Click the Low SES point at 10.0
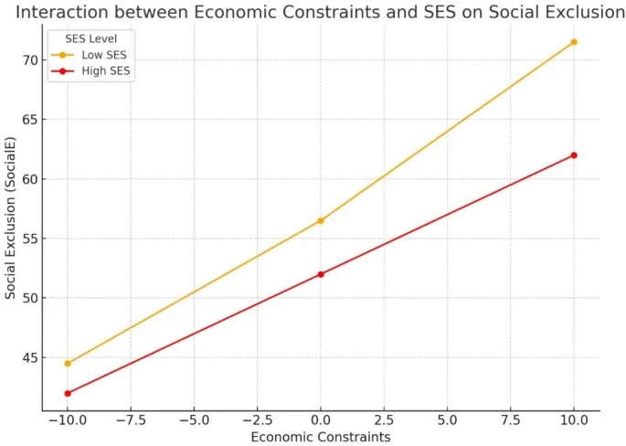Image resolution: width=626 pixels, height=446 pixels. coord(574,42)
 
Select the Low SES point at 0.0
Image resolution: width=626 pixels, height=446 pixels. coord(321,220)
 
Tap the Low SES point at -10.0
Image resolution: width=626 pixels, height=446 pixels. coord(68,363)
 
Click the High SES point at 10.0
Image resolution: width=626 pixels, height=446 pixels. coord(574,155)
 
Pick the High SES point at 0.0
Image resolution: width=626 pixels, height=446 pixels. coord(321,274)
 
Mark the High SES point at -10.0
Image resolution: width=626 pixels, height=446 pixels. coord(68,393)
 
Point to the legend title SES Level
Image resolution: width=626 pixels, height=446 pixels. coord(90,38)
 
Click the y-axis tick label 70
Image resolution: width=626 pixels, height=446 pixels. coord(29,60)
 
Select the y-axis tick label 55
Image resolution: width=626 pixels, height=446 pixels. coord(29,239)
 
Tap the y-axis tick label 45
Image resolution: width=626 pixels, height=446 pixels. coord(29,357)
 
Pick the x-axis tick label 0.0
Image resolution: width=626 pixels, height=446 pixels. coord(321,421)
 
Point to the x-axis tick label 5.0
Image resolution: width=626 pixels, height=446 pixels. coord(447,421)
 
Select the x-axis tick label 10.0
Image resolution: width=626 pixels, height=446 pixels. coord(573,421)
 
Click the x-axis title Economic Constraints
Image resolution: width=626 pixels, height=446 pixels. coord(321,438)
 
